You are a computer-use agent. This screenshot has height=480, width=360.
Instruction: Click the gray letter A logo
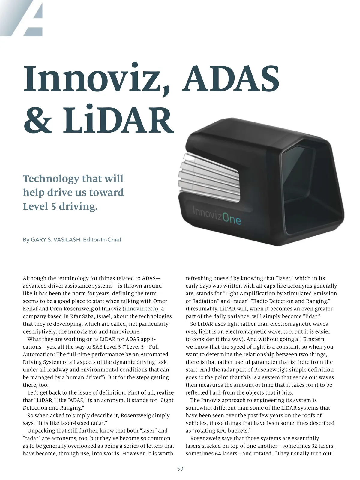30,18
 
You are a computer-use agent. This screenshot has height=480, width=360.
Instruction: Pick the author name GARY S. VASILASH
55,240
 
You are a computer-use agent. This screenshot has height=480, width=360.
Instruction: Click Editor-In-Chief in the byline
102,240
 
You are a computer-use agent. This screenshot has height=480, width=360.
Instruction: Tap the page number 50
180,469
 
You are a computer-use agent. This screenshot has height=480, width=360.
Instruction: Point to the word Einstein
314,339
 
